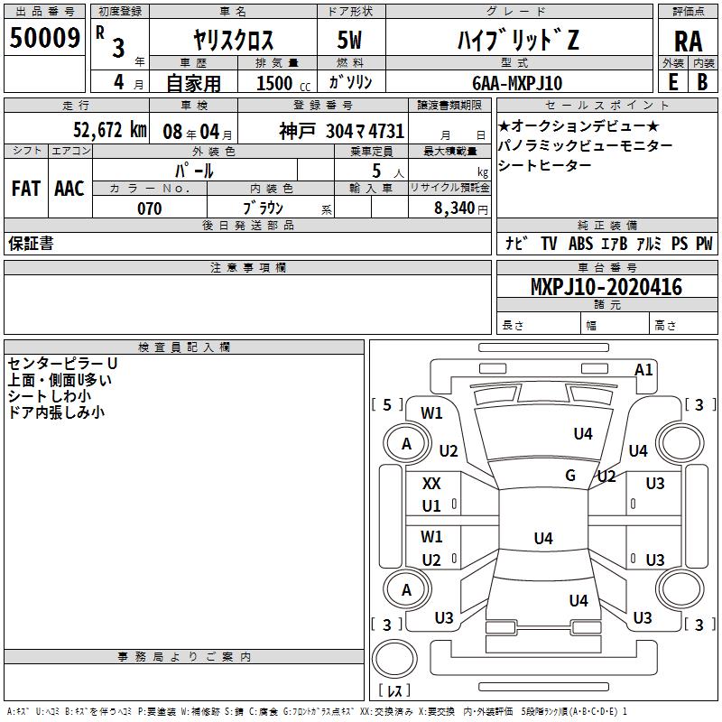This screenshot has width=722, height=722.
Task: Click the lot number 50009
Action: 45,38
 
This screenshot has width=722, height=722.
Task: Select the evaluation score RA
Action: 688,41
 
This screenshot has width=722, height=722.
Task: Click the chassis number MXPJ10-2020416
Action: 606,288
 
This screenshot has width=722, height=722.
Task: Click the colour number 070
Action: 149,208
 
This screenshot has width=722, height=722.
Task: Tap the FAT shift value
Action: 25,189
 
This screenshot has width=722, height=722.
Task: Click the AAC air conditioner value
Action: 69,189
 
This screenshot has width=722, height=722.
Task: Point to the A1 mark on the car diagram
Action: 643,369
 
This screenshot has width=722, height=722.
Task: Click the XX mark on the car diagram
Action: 431,484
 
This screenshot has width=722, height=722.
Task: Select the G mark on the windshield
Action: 570,476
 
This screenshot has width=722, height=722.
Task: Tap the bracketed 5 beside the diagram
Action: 387,405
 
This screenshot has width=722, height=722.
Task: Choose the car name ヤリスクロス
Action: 234,40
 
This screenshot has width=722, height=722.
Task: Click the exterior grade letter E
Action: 672,82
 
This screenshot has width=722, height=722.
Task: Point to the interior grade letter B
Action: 702,82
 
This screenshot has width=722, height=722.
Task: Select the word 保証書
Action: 31,244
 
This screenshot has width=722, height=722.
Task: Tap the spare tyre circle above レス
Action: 394,655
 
